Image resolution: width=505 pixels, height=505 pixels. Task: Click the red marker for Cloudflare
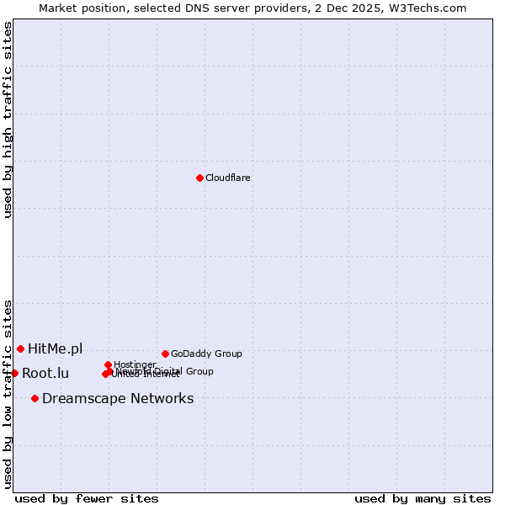tap(199, 178)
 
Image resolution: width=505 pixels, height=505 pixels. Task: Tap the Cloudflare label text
tap(227, 178)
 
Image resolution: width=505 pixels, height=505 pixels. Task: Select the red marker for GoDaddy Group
tap(165, 353)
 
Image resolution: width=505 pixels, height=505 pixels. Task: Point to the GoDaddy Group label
tap(206, 353)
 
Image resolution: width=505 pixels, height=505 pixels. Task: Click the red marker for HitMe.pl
tap(20, 348)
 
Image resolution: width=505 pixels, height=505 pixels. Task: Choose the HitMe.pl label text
tap(56, 348)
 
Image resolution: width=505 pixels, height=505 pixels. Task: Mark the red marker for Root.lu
tap(14, 373)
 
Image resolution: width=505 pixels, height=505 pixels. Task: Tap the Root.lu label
tap(45, 373)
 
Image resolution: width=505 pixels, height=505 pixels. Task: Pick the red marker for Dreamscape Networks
tap(35, 398)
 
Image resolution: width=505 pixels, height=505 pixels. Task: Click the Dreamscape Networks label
tap(118, 398)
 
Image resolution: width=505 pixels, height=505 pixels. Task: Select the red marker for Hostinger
tap(108, 364)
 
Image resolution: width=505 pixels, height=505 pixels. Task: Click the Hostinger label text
tap(135, 364)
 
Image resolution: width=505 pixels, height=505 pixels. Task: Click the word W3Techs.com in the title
tap(432, 8)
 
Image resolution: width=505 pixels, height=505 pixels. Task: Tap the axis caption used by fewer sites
tap(87, 498)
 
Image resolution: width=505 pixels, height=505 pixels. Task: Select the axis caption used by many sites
tap(423, 498)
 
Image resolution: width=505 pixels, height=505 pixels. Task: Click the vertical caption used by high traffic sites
tap(8, 120)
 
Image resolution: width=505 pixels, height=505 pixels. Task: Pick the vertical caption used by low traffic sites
tap(8, 394)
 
